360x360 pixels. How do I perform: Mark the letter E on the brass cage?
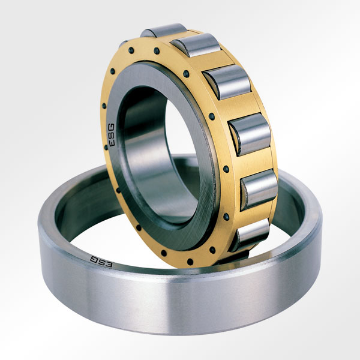point(111,146)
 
